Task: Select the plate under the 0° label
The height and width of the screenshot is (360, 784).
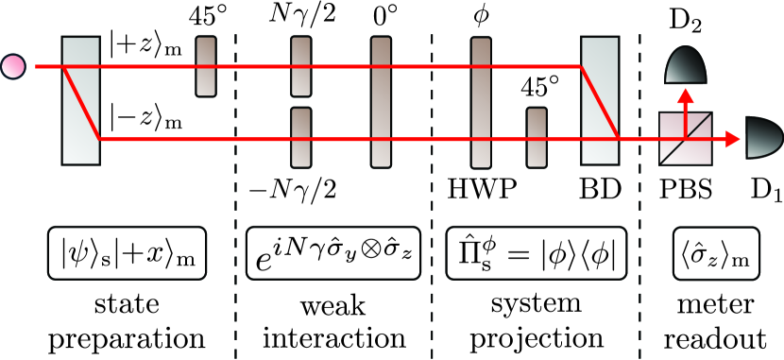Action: [381, 101]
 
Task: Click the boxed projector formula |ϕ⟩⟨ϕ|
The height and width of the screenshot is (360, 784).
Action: [534, 256]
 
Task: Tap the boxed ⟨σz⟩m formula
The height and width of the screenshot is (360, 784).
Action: [711, 256]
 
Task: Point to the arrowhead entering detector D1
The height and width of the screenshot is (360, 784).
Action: [733, 140]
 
